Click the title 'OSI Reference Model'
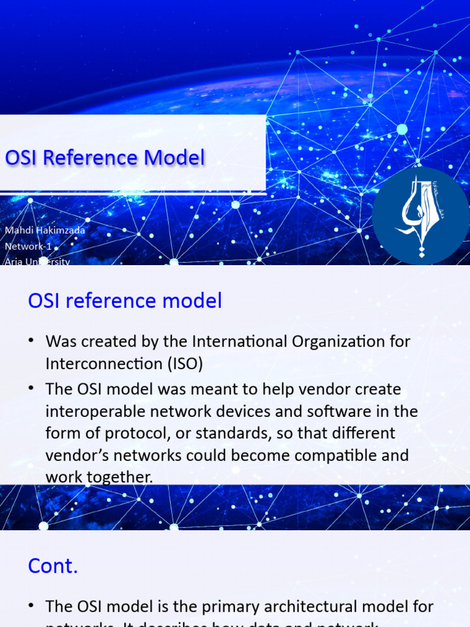coord(105,158)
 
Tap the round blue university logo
coord(420,216)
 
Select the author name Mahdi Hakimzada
coord(45,230)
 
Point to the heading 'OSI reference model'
coord(125,301)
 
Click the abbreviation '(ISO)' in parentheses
coord(183,363)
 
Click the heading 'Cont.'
coord(53,566)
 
